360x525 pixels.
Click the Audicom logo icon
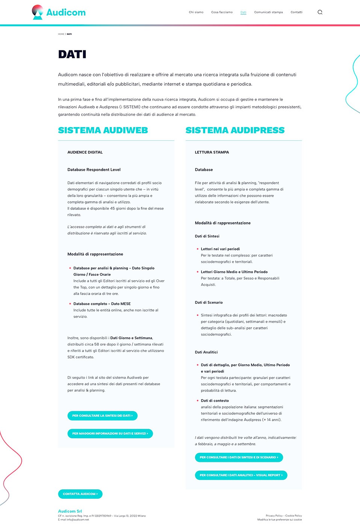pos(38,12)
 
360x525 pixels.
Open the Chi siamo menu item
pos(196,12)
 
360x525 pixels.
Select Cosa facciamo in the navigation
pos(222,12)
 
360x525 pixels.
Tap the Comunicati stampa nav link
pos(268,12)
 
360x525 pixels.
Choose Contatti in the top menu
pos(296,12)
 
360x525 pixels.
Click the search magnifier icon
pos(320,12)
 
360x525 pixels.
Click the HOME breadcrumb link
pos(61,34)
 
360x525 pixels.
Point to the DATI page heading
pos(72,55)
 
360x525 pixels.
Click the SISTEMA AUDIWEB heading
pos(103,130)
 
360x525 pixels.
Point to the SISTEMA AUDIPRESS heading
pos(235,130)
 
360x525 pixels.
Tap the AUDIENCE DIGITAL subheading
pos(85,152)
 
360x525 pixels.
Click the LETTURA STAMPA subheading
pos(212,152)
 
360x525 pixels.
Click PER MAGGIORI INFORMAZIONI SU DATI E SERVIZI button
pos(110,434)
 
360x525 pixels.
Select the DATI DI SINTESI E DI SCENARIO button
pos(239,457)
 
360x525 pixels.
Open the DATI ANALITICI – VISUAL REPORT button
pos(241,475)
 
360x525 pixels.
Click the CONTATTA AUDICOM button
pos(80,494)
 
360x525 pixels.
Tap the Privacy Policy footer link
pos(274,516)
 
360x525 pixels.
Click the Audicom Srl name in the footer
pos(70,511)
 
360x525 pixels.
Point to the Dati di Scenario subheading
pos(209,302)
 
